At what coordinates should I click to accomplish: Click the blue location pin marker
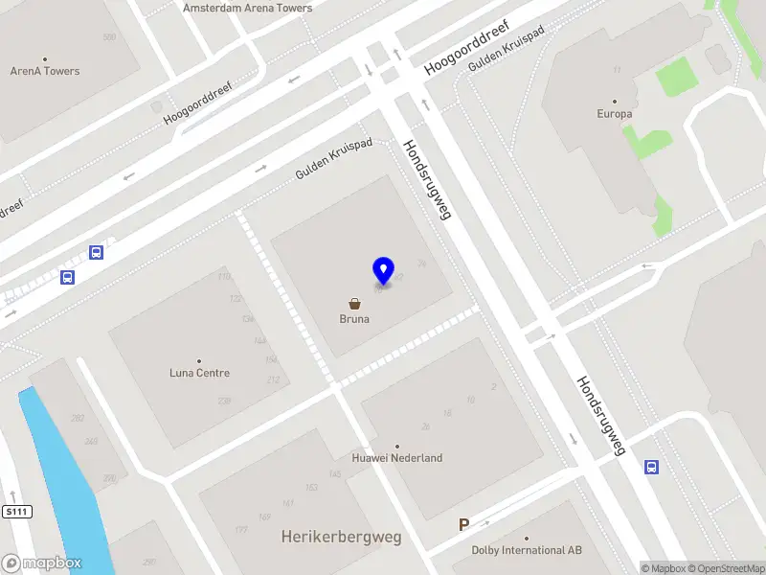pyautogui.click(x=383, y=270)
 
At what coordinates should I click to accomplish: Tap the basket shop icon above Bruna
pyautogui.click(x=354, y=303)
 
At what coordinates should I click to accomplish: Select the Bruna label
pyautogui.click(x=354, y=320)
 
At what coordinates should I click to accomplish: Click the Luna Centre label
pyautogui.click(x=199, y=373)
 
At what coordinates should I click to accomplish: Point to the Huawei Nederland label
pyautogui.click(x=397, y=458)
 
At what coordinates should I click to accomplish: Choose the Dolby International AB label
pyautogui.click(x=527, y=550)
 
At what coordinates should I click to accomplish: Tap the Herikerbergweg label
pyautogui.click(x=341, y=537)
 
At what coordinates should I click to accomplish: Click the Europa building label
pyautogui.click(x=615, y=114)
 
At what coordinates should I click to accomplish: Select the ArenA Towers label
pyautogui.click(x=45, y=71)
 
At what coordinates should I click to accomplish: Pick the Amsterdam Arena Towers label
pyautogui.click(x=248, y=8)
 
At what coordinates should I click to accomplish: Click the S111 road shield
pyautogui.click(x=17, y=512)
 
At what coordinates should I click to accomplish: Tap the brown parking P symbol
pyautogui.click(x=464, y=524)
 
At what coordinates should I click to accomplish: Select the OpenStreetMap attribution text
pyautogui.click(x=725, y=568)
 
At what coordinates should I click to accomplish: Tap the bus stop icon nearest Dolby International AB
pyautogui.click(x=651, y=467)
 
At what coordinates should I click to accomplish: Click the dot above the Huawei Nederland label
pyautogui.click(x=397, y=446)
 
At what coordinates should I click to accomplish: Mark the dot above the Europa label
pyautogui.click(x=615, y=101)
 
